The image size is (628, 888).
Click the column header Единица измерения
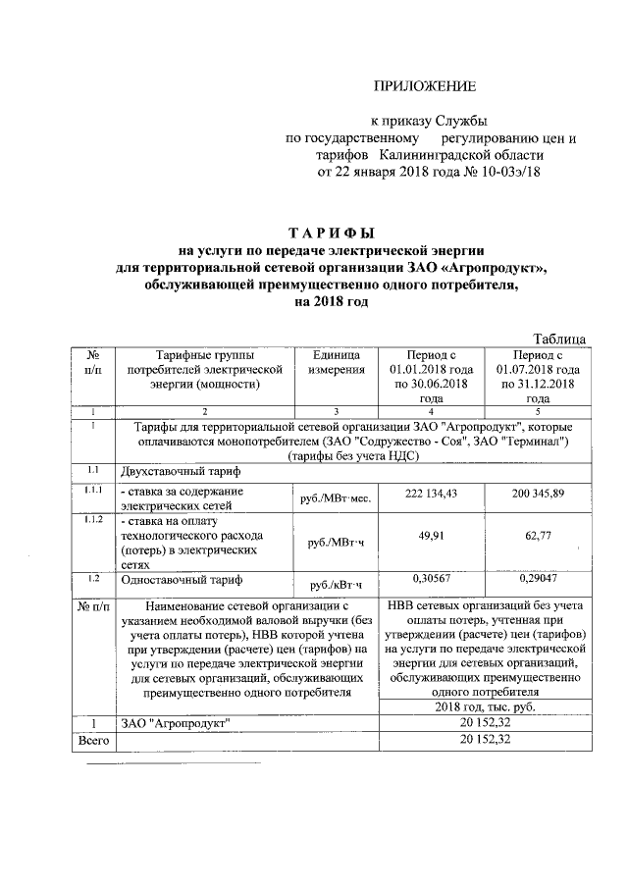[x=337, y=361]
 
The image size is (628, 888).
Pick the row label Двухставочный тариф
[x=174, y=471]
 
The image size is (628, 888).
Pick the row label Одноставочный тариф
[x=171, y=582]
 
